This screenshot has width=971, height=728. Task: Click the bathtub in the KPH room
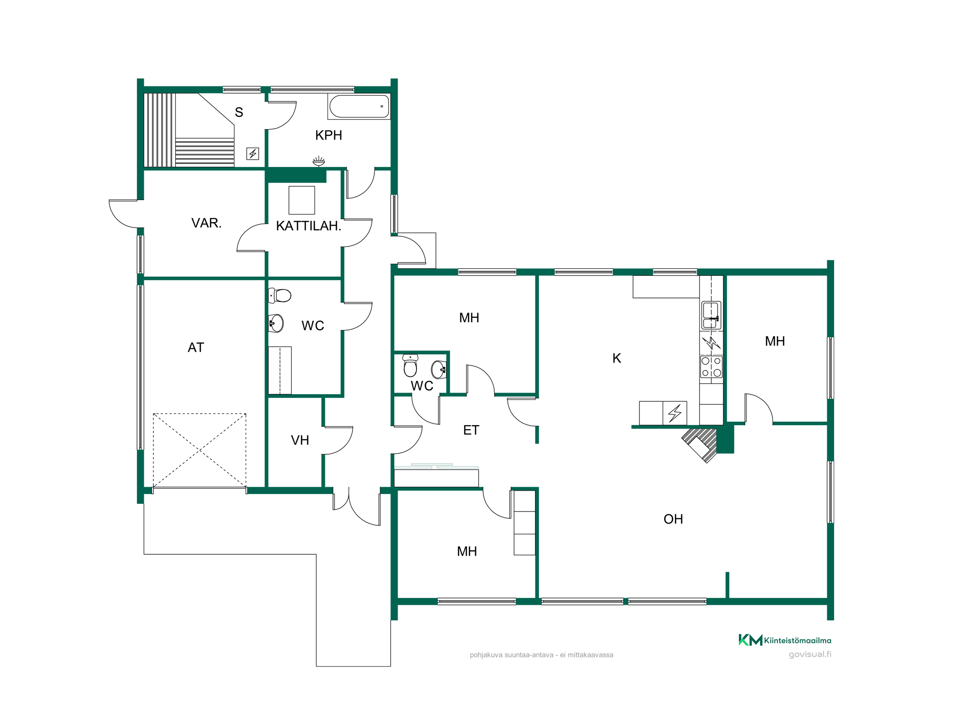359,107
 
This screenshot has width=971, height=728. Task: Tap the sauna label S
239,113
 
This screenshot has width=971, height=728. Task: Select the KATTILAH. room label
309,226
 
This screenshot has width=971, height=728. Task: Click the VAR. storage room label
206,223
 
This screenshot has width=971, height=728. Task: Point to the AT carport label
196,347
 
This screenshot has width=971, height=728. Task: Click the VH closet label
300,440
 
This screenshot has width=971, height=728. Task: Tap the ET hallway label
471,430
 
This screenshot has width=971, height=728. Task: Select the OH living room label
673,519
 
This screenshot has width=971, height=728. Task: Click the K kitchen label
617,358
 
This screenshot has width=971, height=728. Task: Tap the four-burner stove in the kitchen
711,367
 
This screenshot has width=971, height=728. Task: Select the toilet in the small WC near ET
410,366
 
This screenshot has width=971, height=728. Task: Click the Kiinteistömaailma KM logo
785,640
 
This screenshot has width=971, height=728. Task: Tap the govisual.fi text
810,654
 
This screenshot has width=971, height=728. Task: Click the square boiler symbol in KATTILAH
301,200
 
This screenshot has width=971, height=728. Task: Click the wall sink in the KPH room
318,161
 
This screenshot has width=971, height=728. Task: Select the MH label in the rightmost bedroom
775,341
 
